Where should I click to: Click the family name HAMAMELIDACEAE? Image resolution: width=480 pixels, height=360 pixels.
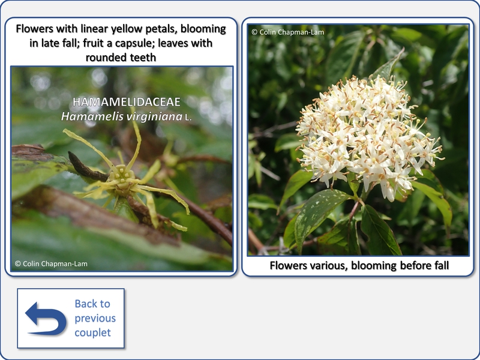point(127,102)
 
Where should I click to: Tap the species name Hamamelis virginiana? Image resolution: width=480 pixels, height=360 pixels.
point(122,116)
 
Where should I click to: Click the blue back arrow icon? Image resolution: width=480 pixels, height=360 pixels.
point(46,319)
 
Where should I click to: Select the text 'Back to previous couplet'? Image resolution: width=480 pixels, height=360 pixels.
point(95,318)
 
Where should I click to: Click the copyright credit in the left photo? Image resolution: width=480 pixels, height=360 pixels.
point(51,263)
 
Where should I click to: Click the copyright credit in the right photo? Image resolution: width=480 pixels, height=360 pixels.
point(288,32)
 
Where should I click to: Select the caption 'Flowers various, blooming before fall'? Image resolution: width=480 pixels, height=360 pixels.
point(359,265)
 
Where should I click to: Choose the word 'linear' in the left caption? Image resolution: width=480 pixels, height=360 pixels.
point(94,29)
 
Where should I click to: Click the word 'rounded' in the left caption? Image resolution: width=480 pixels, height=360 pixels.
point(106,57)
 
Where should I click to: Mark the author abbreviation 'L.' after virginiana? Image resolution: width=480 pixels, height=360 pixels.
point(188,118)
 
